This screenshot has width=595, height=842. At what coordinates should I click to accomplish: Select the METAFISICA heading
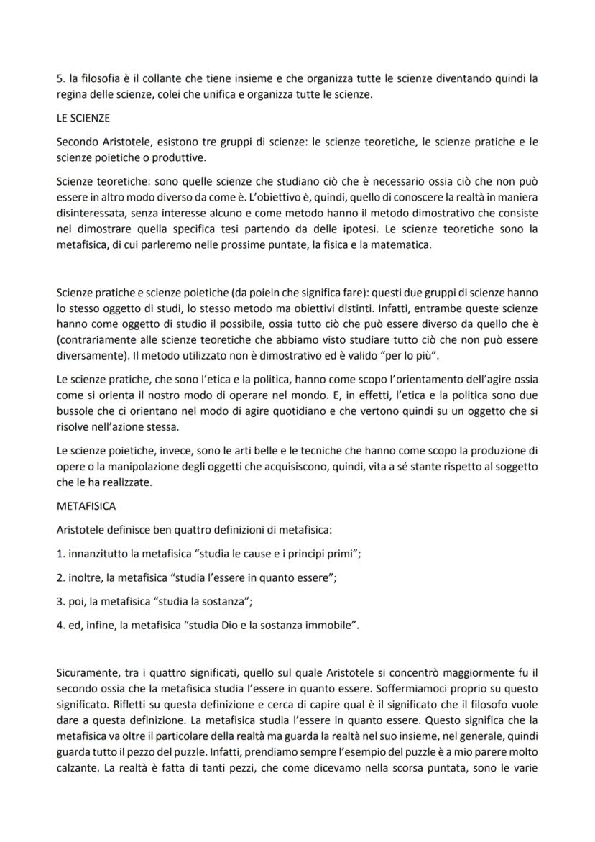[86, 506]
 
